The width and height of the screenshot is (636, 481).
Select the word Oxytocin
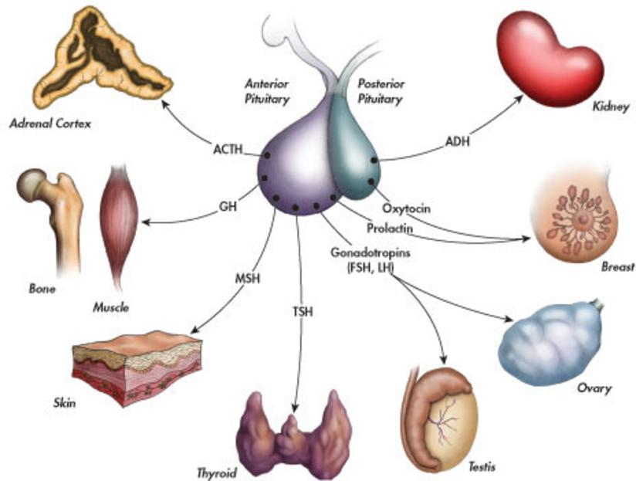(406, 208)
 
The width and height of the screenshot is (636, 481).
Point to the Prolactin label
(391, 229)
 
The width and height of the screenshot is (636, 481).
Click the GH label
(228, 207)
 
